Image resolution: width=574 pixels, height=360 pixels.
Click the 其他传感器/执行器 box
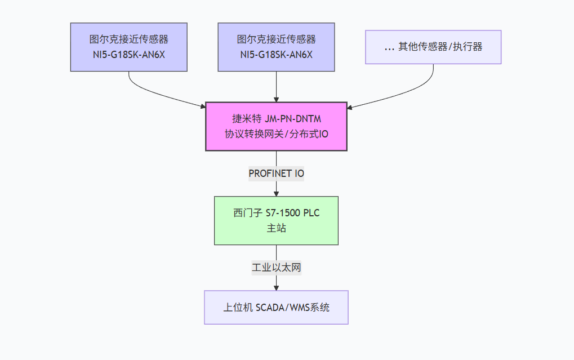click(x=433, y=47)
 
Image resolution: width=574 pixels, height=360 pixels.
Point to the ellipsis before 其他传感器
click(x=389, y=47)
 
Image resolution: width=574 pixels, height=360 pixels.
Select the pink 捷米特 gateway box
click(x=276, y=126)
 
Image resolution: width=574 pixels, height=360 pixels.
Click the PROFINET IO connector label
click(x=276, y=174)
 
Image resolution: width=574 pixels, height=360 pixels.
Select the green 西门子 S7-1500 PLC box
click(x=276, y=220)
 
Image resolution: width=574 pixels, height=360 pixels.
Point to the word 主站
click(x=276, y=228)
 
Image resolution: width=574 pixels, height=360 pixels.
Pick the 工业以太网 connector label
click(x=276, y=268)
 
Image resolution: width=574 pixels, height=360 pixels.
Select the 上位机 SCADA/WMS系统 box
click(x=276, y=308)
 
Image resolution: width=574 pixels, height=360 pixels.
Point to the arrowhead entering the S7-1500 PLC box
click(x=276, y=193)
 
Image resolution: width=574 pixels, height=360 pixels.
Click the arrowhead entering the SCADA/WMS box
click(x=276, y=287)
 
